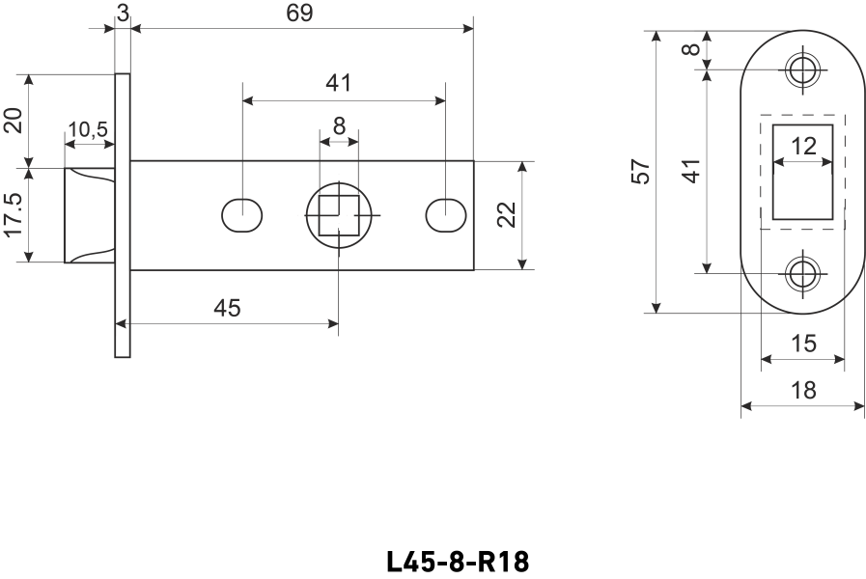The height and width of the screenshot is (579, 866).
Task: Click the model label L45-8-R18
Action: (458, 563)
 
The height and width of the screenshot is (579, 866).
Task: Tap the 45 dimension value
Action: (227, 308)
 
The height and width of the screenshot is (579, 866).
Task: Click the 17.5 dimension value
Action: (13, 214)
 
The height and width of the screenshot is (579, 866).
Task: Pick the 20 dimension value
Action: (13, 120)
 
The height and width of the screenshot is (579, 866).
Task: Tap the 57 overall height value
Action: (640, 172)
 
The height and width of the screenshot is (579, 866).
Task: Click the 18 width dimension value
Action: (802, 391)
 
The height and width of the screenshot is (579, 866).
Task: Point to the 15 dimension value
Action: (803, 343)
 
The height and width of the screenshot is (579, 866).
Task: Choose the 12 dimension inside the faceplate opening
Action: (803, 146)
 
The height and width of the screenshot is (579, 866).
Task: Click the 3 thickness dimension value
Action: (123, 13)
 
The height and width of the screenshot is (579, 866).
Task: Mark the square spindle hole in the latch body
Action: (339, 214)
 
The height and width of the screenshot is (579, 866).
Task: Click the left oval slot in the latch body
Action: (241, 214)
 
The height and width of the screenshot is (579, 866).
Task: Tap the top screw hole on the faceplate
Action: (801, 69)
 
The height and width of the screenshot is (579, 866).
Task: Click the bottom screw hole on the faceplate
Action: (801, 274)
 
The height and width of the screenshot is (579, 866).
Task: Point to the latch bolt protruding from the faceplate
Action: (90, 214)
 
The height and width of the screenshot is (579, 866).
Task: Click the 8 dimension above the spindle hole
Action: (339, 125)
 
